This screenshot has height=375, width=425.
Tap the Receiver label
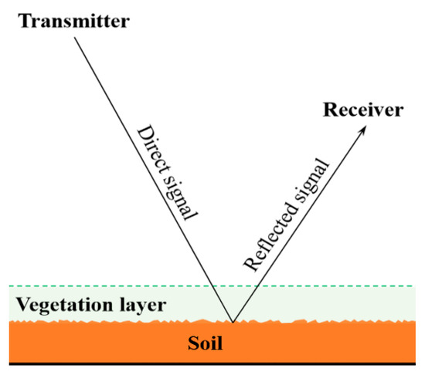point(363,110)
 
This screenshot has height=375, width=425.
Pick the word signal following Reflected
point(314,177)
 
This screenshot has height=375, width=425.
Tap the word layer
point(131,303)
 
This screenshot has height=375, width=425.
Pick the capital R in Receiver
point(328,110)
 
